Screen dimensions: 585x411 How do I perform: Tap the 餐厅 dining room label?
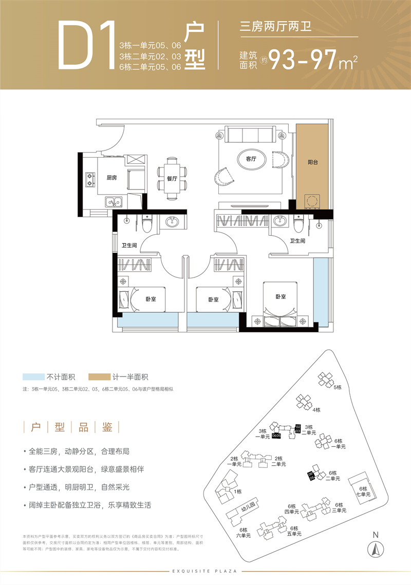pos(172,179)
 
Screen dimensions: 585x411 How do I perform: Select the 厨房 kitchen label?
pos(112,178)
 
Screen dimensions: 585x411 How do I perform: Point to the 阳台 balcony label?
pos(313,162)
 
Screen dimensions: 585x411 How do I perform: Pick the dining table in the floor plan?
pos(172,179)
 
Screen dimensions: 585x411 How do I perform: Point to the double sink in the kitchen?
pos(113,202)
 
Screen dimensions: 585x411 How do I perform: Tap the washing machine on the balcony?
pos(312,201)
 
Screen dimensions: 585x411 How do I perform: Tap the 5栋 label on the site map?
pos(337,388)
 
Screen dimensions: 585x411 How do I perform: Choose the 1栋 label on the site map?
pos(238,492)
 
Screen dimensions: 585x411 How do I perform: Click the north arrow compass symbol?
pos(375,550)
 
